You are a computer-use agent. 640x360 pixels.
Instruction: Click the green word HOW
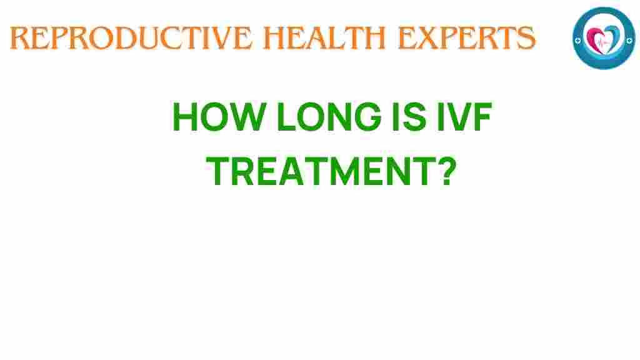tap(211, 117)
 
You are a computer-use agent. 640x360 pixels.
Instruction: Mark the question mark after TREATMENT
tap(442, 172)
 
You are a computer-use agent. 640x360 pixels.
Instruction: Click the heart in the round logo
tap(603, 38)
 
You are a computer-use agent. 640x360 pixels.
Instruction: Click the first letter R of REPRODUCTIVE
tap(19, 39)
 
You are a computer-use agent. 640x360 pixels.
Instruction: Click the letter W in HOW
tap(235, 117)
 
